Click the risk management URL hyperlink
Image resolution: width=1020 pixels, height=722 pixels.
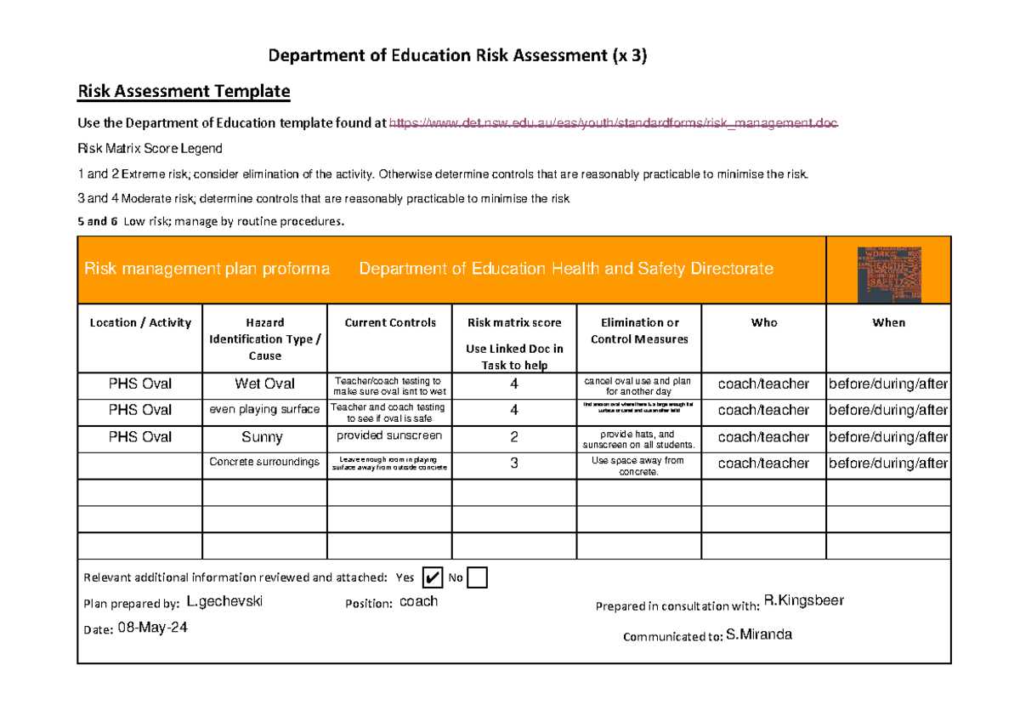click(613, 123)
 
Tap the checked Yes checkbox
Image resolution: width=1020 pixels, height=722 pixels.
click(432, 578)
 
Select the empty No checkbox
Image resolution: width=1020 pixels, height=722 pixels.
click(477, 578)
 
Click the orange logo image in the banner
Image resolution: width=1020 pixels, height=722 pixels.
click(888, 270)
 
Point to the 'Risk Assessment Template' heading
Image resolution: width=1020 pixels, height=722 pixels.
click(184, 91)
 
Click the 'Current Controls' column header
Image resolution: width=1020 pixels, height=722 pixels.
click(389, 323)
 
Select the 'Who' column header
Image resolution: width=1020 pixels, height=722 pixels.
click(763, 323)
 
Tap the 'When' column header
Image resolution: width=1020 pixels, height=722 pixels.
click(888, 323)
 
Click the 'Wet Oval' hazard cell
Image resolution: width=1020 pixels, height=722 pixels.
click(264, 384)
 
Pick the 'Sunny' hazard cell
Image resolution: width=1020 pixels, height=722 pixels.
click(264, 437)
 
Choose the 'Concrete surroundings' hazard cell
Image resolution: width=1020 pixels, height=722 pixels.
click(264, 463)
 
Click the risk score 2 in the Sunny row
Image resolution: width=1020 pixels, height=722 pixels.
click(513, 437)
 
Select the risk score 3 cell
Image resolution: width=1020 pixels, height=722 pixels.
click(513, 463)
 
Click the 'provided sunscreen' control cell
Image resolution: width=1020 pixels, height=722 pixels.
click(389, 435)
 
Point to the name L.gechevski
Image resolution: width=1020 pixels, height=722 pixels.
click(224, 602)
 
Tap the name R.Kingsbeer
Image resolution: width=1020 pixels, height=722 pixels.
click(803, 601)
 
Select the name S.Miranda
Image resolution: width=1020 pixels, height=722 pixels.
click(759, 635)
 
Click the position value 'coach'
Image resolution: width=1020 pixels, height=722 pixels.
click(418, 601)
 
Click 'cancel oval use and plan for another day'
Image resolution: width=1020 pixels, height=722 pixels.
click(638, 386)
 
